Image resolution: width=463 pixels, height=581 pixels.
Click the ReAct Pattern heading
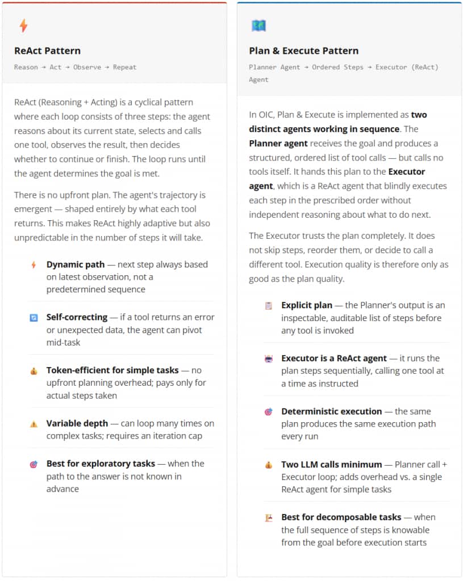pos(47,50)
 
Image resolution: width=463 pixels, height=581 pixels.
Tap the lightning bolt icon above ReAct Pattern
pos(23,26)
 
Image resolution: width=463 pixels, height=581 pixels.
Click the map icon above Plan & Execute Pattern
pos(258,26)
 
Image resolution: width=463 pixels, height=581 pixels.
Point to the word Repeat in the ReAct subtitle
pos(124,67)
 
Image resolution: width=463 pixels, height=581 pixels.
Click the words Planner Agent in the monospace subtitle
pos(274,67)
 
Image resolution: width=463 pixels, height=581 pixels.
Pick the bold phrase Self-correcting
pos(77,317)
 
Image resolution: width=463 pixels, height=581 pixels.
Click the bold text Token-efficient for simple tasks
pos(112,371)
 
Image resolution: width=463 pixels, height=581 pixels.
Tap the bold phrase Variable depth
pos(74,423)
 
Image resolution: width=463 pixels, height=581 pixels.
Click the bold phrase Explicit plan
pos(307,305)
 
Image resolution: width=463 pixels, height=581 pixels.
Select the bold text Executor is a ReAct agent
pos(334,358)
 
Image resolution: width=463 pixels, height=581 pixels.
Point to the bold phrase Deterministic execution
pos(332,411)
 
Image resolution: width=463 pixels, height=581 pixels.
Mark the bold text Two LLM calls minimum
pos(332,465)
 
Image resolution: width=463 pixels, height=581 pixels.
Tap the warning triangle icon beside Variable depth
pos(34,424)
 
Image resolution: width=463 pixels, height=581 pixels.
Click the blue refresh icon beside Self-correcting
pos(34,318)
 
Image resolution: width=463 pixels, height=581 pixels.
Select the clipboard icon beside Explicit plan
pos(269,306)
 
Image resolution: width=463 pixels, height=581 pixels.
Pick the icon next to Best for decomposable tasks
pos(269,518)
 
